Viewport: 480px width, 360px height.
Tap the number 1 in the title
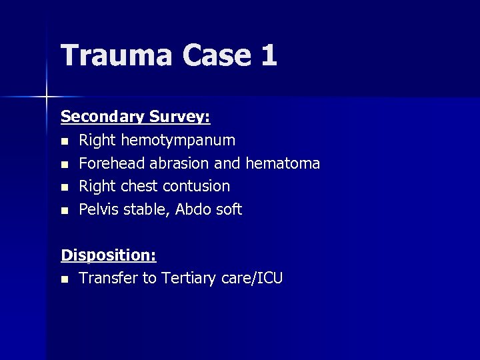click(x=269, y=55)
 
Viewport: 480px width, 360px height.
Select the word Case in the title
click(x=214, y=55)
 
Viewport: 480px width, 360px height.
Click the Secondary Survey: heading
click(x=135, y=117)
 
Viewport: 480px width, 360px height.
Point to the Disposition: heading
click(x=109, y=255)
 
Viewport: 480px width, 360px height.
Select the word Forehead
click(x=112, y=163)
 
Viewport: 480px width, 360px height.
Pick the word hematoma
click(x=283, y=163)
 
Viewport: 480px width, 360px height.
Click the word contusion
click(x=197, y=186)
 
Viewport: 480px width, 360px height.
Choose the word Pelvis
click(x=98, y=209)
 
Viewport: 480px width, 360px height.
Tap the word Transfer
click(x=108, y=279)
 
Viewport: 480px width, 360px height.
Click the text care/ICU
click(x=249, y=279)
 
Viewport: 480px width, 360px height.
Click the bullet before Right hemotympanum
click(x=64, y=141)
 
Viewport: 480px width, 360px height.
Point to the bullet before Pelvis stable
click(x=64, y=211)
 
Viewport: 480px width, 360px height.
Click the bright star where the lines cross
click(x=47, y=97)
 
